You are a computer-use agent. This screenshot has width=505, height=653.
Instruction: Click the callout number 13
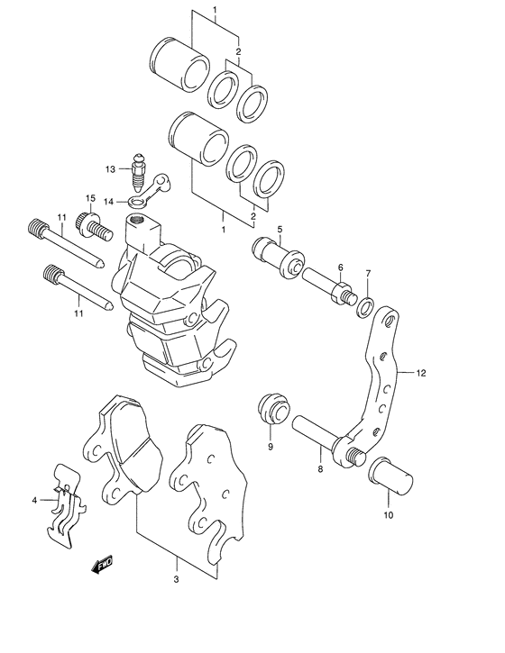click(110, 168)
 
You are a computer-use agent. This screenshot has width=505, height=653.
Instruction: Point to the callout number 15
click(90, 198)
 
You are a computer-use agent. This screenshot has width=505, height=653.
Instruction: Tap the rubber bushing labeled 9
click(271, 411)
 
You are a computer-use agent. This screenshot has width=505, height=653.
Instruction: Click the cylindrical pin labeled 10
click(391, 475)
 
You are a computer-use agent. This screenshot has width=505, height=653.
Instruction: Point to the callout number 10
click(389, 516)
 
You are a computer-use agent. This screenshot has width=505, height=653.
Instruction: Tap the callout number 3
click(176, 580)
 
